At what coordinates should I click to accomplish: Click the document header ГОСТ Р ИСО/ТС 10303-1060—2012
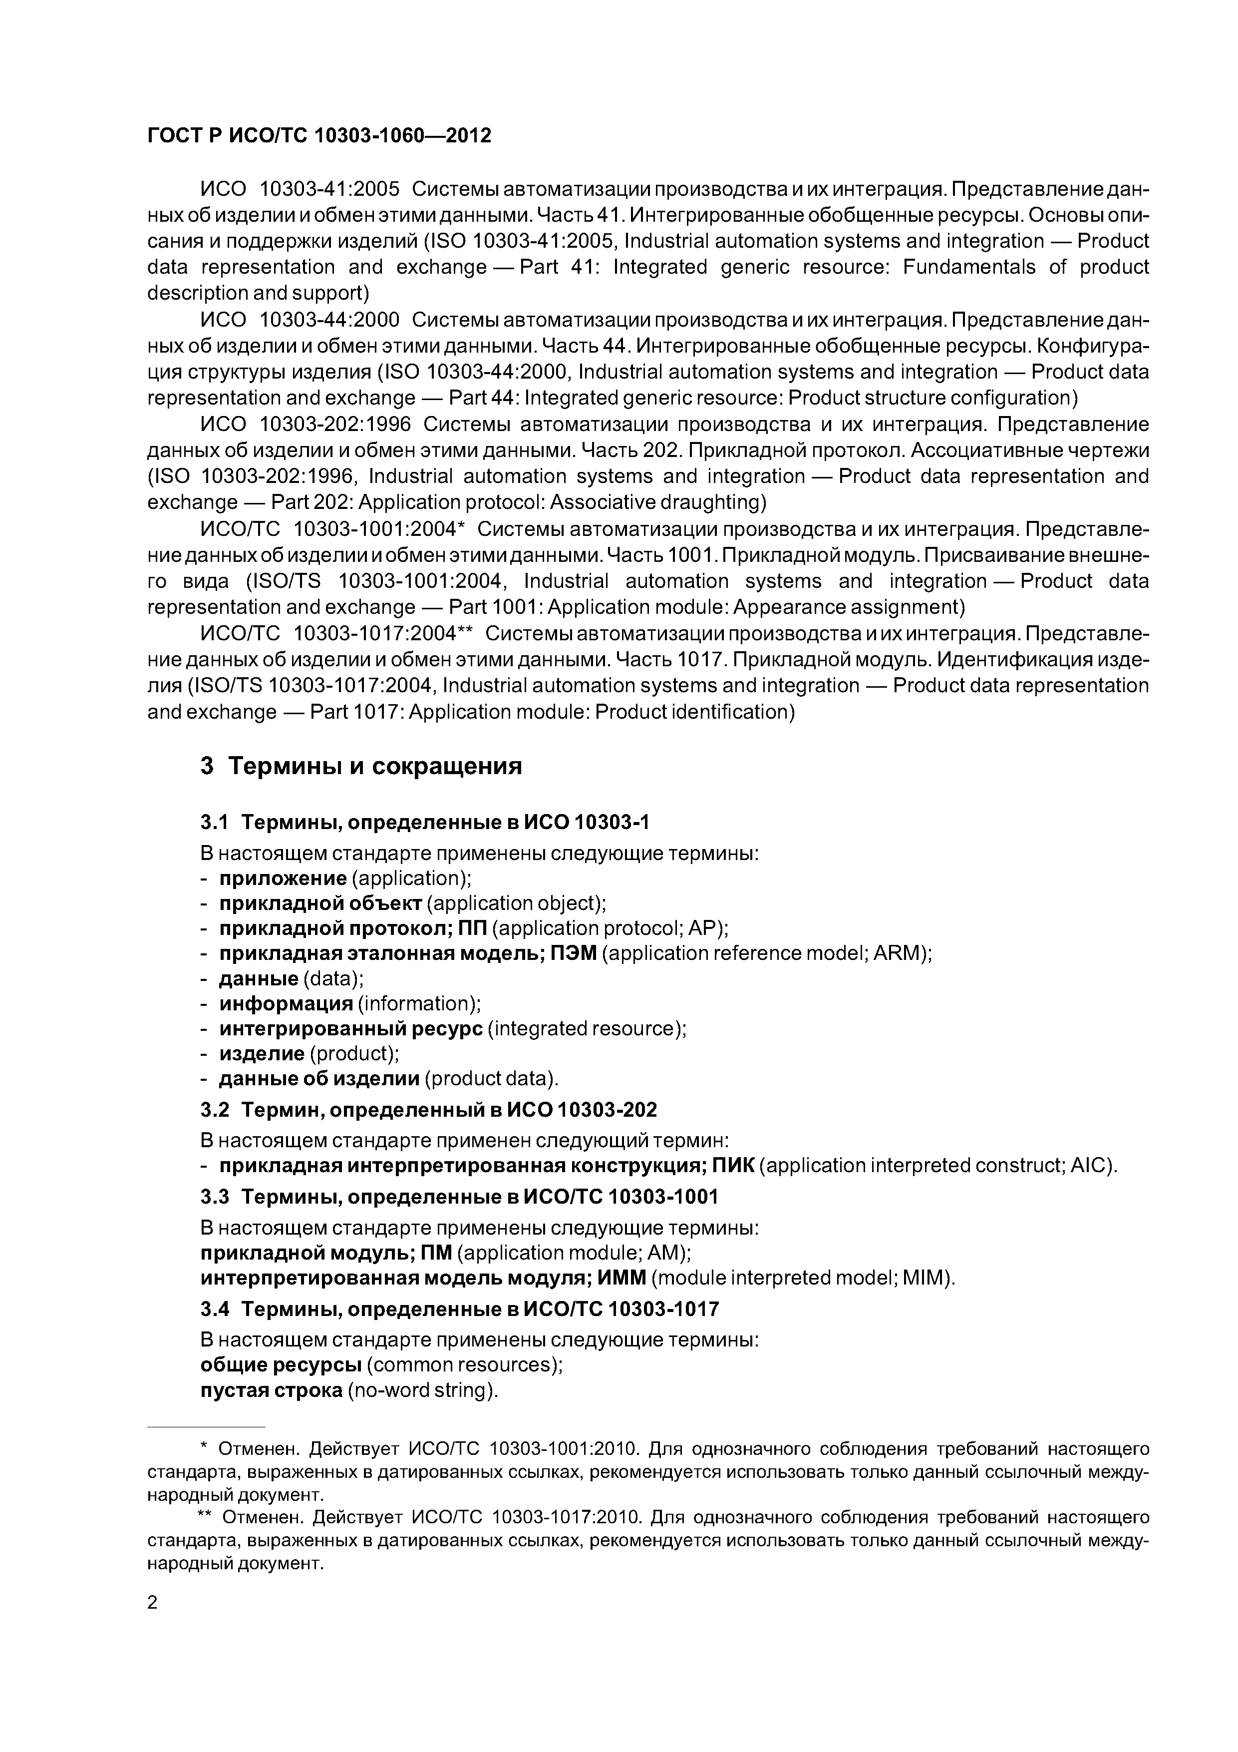coord(319,136)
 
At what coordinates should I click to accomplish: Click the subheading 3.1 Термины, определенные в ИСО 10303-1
coord(424,822)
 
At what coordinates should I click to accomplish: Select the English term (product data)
coord(491,1079)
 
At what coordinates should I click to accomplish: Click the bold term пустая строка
coord(271,1390)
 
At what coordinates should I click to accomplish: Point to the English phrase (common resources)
coord(465,1365)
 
